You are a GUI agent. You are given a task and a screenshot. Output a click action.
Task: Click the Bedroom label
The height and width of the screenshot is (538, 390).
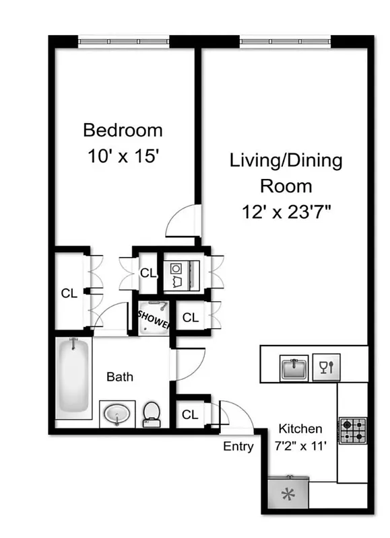123,129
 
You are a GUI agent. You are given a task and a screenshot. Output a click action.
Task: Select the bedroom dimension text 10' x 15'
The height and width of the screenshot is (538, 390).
123,156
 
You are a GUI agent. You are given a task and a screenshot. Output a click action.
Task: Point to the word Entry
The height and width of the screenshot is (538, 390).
238,447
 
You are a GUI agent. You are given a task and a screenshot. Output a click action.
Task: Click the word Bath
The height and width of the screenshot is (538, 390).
120,377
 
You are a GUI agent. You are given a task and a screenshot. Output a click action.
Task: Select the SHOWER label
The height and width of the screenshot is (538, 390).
154,318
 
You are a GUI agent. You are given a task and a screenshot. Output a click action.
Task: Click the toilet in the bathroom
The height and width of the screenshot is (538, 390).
152,413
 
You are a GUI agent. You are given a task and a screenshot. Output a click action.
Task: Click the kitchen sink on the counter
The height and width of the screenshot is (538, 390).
294,368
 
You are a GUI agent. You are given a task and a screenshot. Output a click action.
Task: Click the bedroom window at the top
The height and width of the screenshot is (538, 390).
124,41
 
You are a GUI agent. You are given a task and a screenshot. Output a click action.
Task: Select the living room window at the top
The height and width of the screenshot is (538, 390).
286,41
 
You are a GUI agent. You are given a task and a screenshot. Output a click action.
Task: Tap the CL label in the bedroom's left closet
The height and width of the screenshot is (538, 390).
69,293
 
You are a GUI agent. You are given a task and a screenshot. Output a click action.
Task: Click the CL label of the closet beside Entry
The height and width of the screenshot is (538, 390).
190,415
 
